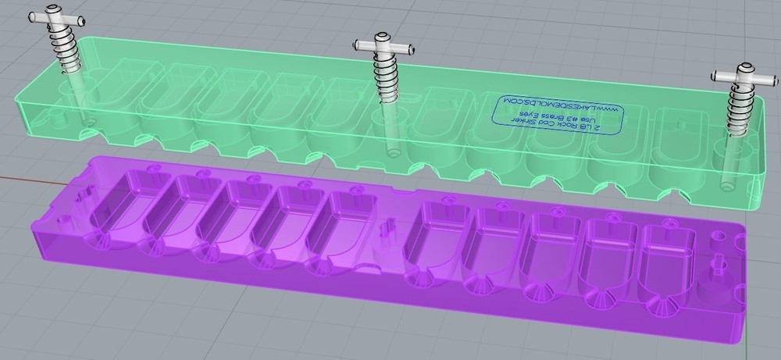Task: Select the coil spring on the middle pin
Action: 384,78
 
